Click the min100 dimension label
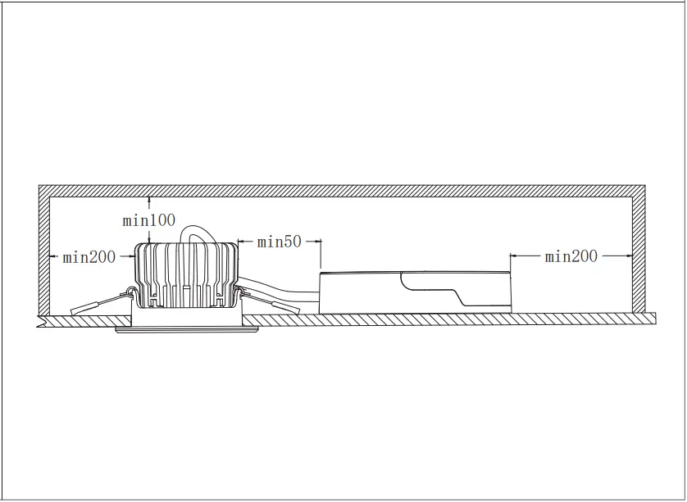(149, 220)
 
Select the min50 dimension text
(279, 242)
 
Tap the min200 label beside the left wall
(89, 257)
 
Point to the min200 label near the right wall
(571, 256)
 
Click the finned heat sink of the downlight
(187, 275)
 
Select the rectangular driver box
(415, 292)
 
